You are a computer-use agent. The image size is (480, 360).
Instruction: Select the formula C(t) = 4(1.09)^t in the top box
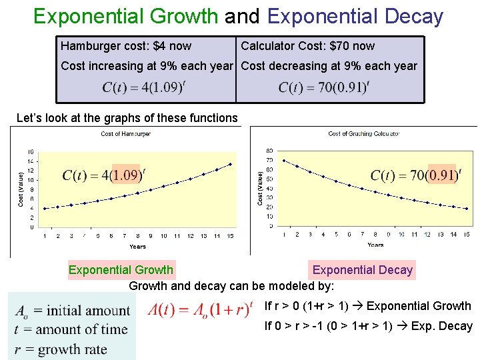pos(143,87)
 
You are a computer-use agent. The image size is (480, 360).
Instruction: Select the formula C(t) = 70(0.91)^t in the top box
pos(324,87)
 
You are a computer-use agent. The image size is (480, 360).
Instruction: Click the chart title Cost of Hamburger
pos(125,134)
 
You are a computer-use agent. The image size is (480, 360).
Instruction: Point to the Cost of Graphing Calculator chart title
pos(364,134)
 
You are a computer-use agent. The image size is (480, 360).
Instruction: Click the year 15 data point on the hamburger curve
pos(230,164)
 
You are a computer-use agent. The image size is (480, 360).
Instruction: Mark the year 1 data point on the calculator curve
pos(285,161)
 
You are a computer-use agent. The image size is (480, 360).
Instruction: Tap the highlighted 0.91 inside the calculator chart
pos(441,175)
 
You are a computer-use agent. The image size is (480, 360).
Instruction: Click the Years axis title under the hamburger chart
pos(137,246)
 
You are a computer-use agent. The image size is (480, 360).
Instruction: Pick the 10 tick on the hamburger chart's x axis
pos(164,235)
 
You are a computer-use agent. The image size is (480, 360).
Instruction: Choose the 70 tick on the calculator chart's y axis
pos(269,161)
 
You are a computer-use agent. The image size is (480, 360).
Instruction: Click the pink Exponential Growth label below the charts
pos(121,270)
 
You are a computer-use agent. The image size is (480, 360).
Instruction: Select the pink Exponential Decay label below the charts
pos(363,270)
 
